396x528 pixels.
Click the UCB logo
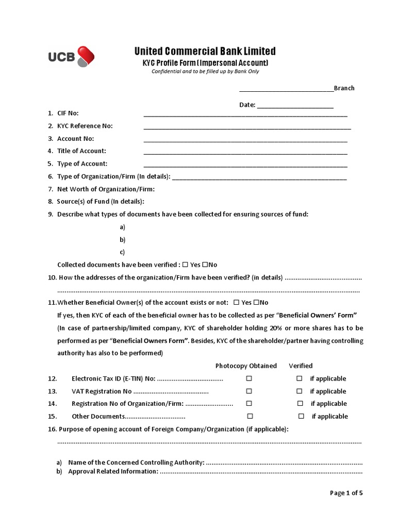coord(71,57)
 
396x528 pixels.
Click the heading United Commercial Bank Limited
coord(205,51)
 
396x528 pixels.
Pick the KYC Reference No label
coord(85,126)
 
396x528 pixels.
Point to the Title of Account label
coord(81,151)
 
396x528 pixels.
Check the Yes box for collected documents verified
coord(185,265)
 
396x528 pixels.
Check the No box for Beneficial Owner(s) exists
coord(256,302)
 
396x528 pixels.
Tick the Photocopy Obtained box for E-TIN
coord(249,378)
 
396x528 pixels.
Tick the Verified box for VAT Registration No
coord(300,391)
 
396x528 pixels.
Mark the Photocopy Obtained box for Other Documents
coord(250,416)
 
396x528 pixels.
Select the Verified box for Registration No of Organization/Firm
coord(300,404)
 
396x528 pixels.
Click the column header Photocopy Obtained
coord(246,366)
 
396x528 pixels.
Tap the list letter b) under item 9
coord(122,240)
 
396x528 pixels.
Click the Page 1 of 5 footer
coord(346,493)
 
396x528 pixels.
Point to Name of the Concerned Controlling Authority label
coord(136,463)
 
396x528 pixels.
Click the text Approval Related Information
coord(113,471)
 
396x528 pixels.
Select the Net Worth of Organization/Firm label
coord(106,189)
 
